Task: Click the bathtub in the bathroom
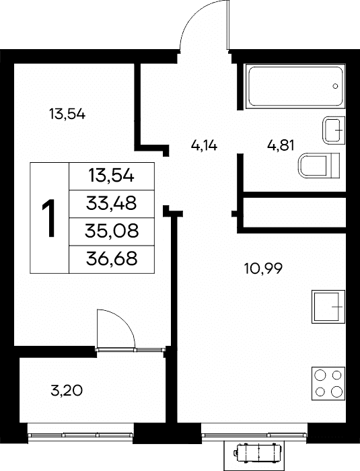[295, 86]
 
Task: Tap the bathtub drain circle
[335, 86]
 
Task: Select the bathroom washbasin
[334, 130]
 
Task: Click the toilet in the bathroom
[319, 166]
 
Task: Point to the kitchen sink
[328, 307]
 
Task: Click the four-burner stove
[328, 384]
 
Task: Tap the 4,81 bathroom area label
[281, 145]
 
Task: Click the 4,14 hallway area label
[204, 146]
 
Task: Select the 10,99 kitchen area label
[263, 268]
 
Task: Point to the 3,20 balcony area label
[67, 391]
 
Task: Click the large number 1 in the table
[48, 218]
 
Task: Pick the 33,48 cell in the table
[112, 204]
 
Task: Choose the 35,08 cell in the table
[112, 231]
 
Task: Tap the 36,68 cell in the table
[112, 259]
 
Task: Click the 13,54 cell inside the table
[112, 176]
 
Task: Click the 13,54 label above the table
[67, 114]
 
